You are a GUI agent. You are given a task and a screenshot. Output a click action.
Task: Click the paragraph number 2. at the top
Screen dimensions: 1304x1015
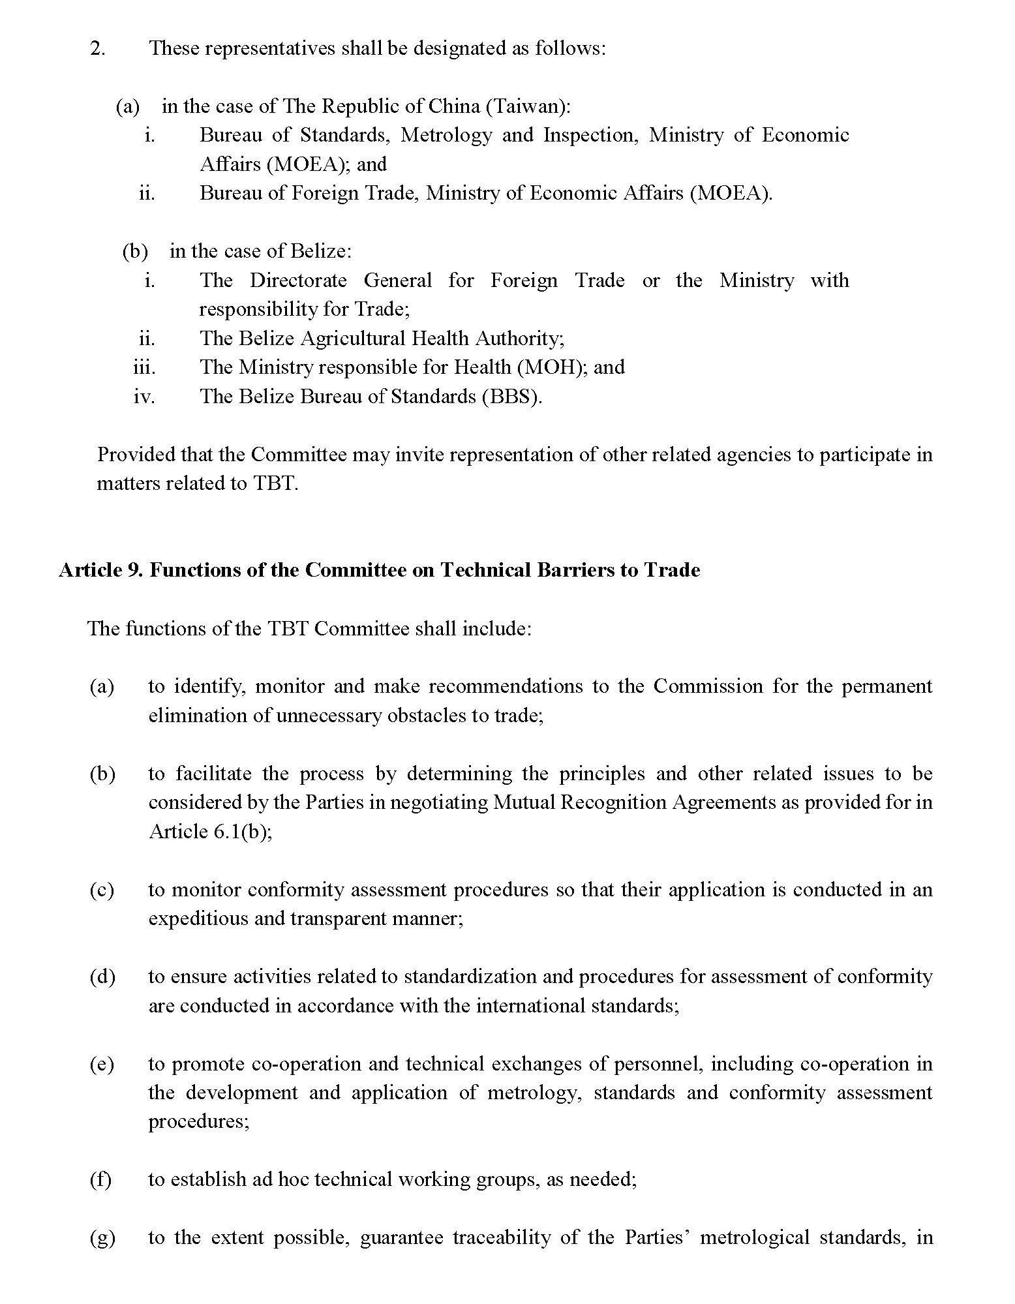[x=97, y=48]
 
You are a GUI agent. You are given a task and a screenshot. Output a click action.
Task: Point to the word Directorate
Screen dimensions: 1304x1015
[x=298, y=281]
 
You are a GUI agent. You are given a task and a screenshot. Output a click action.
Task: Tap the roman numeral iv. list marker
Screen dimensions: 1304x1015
[x=144, y=397]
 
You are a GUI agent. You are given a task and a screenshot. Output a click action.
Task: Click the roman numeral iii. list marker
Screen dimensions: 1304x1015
[x=144, y=367]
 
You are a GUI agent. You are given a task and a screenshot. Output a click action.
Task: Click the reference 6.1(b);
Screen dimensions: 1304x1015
[x=242, y=832]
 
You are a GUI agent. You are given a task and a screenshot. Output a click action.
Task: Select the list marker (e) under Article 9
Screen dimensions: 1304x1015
[x=101, y=1064]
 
